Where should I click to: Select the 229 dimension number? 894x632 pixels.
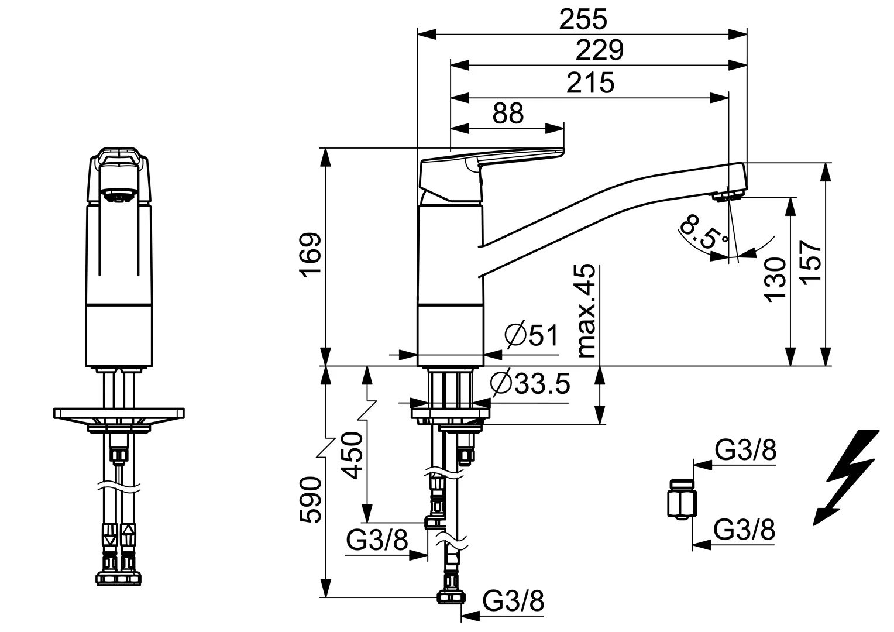pyautogui.click(x=600, y=50)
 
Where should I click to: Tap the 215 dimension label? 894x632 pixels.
pyautogui.click(x=590, y=83)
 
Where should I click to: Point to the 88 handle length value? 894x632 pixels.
pyautogui.click(x=507, y=113)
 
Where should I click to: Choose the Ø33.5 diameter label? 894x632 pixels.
pyautogui.click(x=530, y=384)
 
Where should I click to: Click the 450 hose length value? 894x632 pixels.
pyautogui.click(x=352, y=455)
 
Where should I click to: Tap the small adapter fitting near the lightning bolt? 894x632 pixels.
pyautogui.click(x=682, y=499)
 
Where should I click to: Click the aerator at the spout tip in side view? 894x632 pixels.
pyautogui.click(x=728, y=195)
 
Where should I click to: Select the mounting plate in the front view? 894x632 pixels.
pyautogui.click(x=119, y=413)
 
